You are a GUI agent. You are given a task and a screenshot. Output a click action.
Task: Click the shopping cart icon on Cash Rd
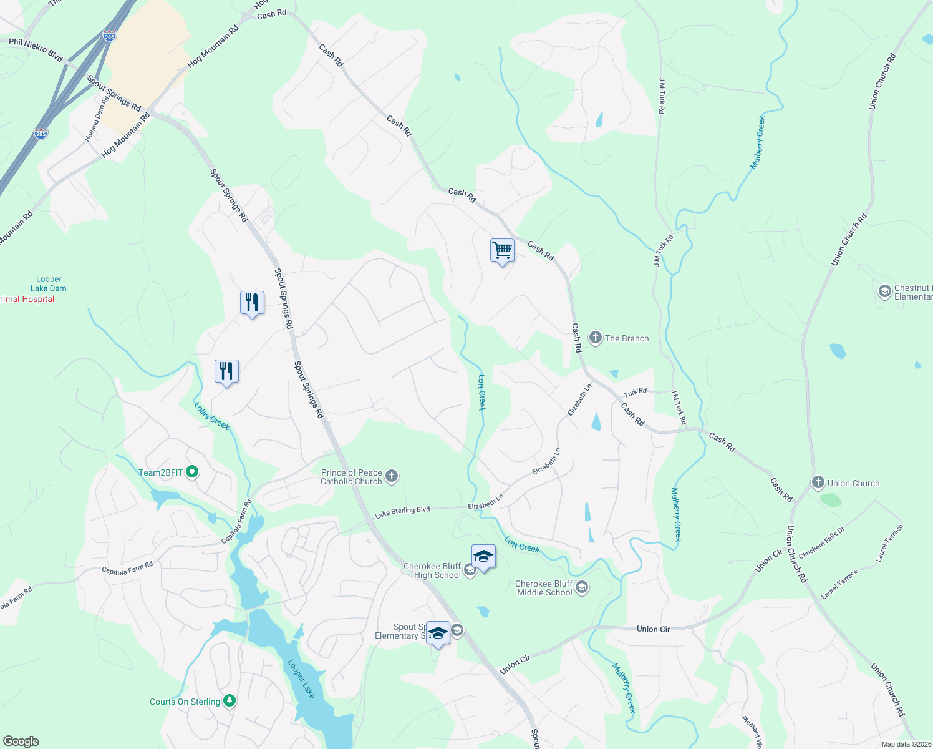click(502, 251)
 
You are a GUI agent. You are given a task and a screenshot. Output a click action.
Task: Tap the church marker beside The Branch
click(595, 338)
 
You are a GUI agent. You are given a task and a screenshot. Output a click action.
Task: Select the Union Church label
click(853, 483)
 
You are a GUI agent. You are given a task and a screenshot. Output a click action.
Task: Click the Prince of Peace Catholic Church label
click(351, 477)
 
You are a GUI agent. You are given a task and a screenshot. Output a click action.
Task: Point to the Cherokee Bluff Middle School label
click(544, 588)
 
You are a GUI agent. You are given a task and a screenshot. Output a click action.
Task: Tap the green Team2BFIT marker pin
click(192, 472)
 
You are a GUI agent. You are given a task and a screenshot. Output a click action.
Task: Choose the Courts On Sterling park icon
click(230, 702)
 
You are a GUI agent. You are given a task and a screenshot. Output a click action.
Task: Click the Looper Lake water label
click(301, 678)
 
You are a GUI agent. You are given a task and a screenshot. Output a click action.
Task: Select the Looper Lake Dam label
click(49, 284)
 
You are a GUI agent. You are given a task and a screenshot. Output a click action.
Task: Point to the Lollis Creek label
click(211, 416)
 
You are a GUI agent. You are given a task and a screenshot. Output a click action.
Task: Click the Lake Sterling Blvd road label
click(402, 512)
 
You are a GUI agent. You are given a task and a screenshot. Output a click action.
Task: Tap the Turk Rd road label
click(635, 393)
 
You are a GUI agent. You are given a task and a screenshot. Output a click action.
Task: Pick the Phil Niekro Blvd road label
click(36, 50)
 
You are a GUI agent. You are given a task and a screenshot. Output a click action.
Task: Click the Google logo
click(21, 742)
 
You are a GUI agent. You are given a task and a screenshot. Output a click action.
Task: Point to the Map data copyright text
click(906, 744)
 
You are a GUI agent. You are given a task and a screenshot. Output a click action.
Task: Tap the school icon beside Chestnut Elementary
click(884, 291)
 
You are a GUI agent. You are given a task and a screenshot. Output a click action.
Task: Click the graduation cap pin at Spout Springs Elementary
click(438, 633)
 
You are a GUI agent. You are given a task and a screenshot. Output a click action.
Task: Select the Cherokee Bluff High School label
click(432, 570)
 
